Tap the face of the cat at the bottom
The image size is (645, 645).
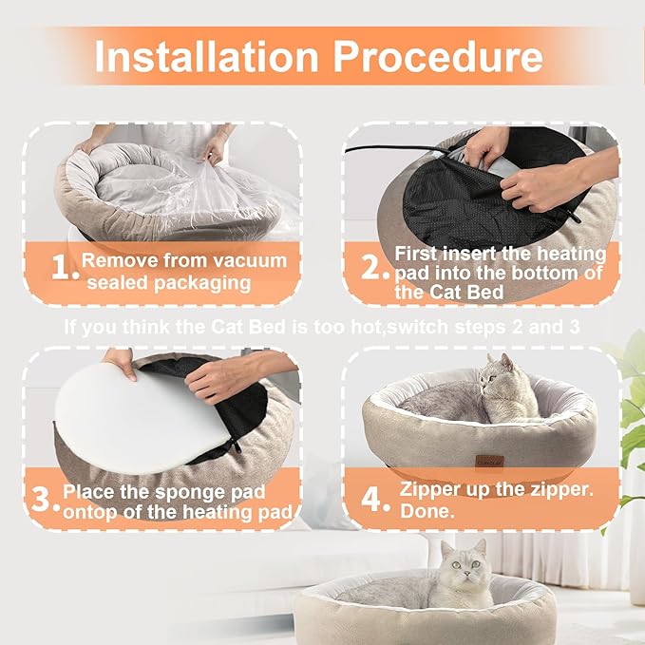464,568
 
